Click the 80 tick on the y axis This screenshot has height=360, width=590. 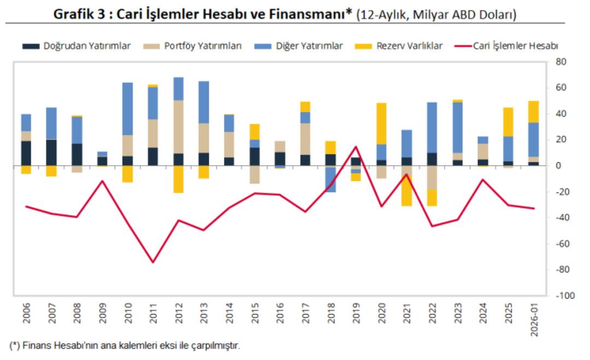[562, 62]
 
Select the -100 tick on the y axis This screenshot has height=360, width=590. [564, 296]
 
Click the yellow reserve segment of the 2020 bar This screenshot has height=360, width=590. [381, 123]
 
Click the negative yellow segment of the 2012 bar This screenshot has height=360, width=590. [179, 179]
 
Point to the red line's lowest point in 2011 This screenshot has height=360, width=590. [153, 262]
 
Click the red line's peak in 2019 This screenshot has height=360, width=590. [356, 146]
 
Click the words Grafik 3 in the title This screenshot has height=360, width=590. [80, 15]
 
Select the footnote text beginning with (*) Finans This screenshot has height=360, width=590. [125, 346]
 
